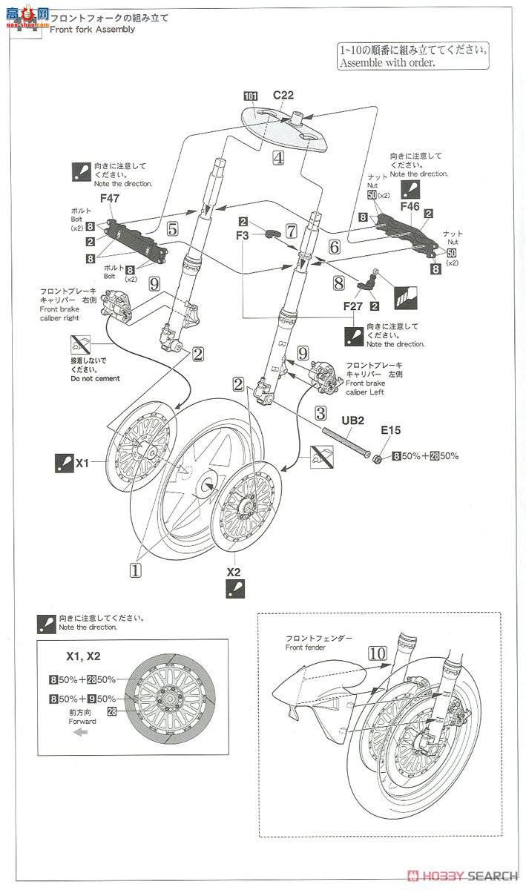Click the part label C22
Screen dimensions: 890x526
[283, 95]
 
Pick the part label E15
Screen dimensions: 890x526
[390, 429]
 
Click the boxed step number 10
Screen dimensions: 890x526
[377, 653]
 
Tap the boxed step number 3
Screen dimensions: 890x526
[320, 413]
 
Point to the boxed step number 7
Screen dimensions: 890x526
[291, 231]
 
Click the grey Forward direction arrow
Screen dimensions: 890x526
[80, 732]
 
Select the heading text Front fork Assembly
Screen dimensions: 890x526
[92, 29]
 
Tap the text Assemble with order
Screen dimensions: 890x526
[387, 63]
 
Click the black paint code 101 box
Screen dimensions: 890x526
[249, 95]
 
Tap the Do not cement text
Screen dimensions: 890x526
[92, 378]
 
